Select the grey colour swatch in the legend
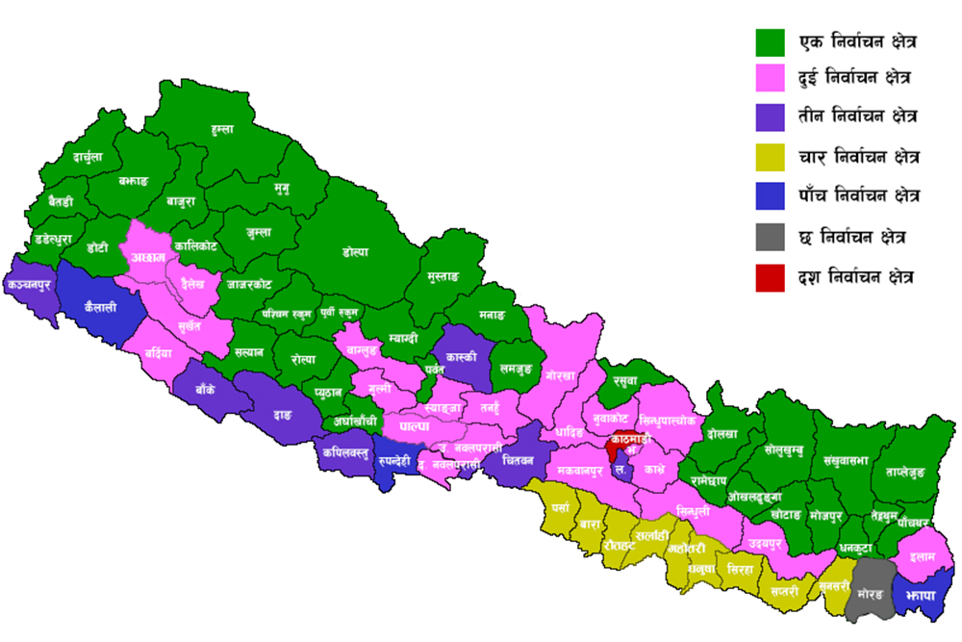772,235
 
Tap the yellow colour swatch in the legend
772,154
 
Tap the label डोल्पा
355,252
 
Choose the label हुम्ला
222,128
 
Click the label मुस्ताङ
443,277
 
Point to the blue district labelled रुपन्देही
393,461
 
